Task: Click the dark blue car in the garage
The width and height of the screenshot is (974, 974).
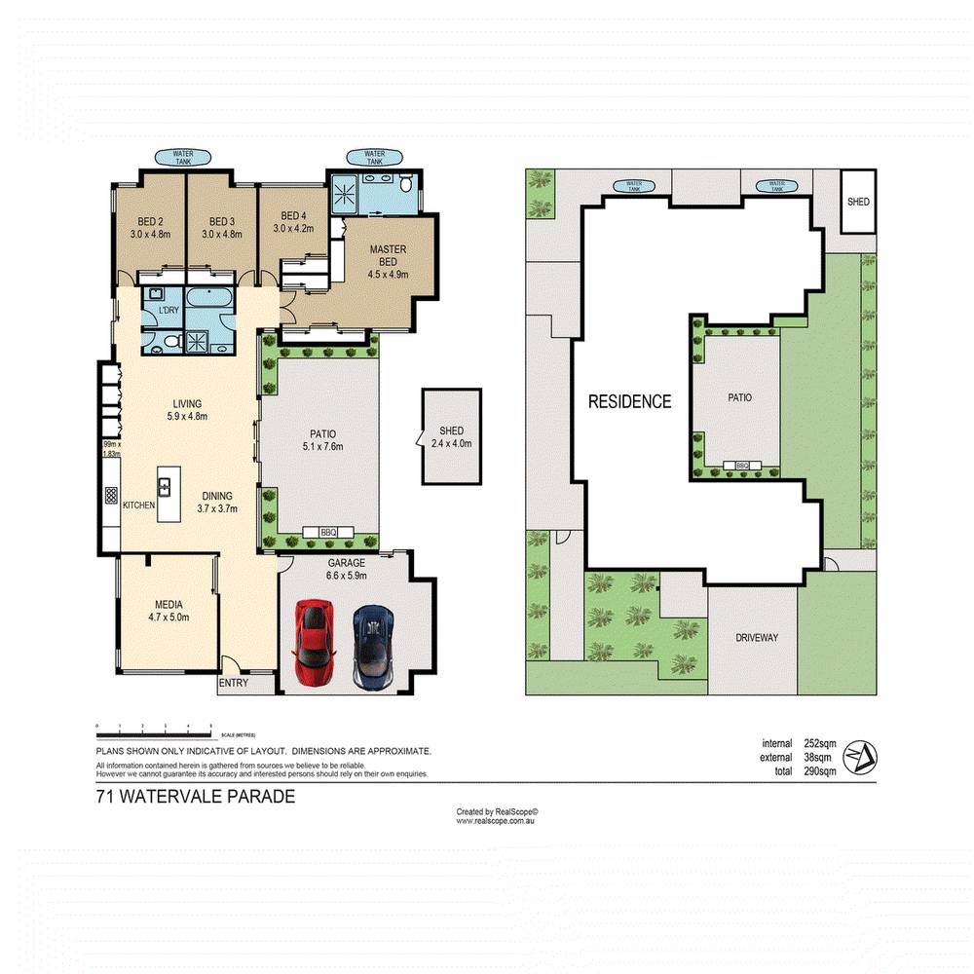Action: point(372,648)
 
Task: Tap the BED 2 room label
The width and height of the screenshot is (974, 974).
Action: point(150,227)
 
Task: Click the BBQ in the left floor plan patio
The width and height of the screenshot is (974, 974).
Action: point(327,532)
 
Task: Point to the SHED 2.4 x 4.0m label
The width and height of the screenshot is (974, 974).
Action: point(451,437)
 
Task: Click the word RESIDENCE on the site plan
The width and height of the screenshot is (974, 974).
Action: point(629,401)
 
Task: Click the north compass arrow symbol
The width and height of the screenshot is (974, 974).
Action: point(860,756)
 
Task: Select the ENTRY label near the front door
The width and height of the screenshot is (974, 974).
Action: point(234,683)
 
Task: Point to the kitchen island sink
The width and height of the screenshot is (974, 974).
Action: point(166,485)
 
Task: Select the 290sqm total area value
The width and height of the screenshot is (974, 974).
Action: point(820,771)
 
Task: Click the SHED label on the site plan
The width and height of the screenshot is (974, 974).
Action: point(858,203)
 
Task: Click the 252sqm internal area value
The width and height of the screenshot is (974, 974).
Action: point(820,744)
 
